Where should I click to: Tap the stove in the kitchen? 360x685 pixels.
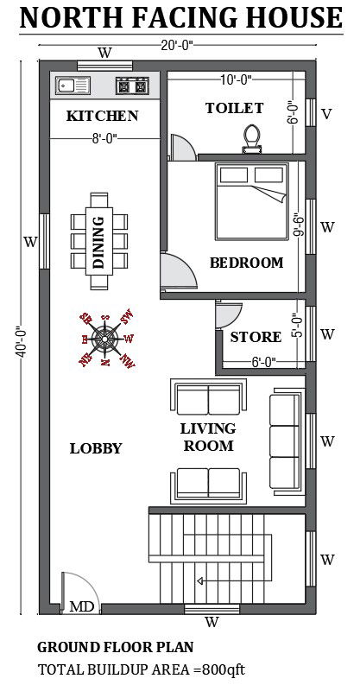(133, 86)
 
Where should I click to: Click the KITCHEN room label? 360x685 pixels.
(103, 116)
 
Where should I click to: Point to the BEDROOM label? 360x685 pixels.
(246, 263)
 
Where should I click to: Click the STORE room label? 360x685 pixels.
(256, 337)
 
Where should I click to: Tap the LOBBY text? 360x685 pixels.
(96, 448)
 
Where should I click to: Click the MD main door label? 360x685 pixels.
(82, 606)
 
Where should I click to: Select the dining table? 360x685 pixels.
(98, 232)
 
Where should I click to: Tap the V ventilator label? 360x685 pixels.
(326, 114)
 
